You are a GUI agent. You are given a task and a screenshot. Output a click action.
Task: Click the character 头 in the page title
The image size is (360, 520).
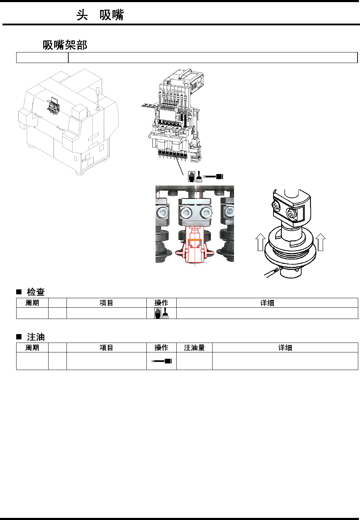(82, 15)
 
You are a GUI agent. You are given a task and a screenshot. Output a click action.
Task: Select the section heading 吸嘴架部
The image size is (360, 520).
(65, 45)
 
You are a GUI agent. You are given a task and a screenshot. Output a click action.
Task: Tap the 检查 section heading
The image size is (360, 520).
(36, 292)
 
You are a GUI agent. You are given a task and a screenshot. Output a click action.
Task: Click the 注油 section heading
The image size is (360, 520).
(36, 337)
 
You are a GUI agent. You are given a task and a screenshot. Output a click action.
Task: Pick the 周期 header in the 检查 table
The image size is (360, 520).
(32, 303)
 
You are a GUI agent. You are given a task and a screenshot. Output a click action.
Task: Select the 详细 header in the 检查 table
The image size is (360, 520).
(267, 303)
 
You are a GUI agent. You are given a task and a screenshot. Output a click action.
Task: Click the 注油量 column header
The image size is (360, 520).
(194, 347)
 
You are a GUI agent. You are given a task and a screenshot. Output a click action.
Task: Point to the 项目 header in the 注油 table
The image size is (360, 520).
(106, 347)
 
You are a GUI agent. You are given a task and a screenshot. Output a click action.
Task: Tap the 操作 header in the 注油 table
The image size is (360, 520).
(161, 347)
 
